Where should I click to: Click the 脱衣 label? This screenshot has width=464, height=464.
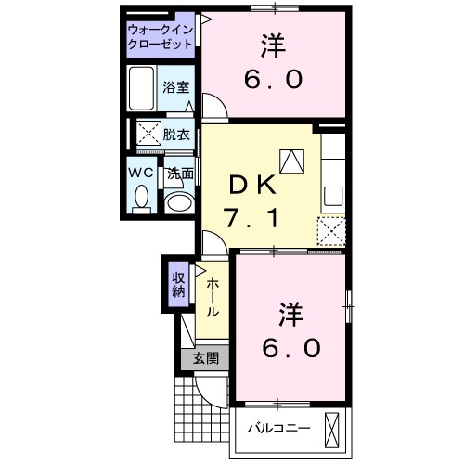[x=177, y=134]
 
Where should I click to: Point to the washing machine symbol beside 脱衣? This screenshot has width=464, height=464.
[x=148, y=134]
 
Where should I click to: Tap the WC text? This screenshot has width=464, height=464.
[x=140, y=173]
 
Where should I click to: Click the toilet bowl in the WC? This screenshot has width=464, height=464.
[x=142, y=197]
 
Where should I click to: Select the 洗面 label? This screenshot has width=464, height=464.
[x=180, y=174]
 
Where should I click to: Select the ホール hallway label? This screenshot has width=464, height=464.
[x=213, y=299]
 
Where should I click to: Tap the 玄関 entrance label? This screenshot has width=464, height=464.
[x=205, y=359]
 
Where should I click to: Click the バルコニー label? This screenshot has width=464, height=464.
[x=277, y=430]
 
